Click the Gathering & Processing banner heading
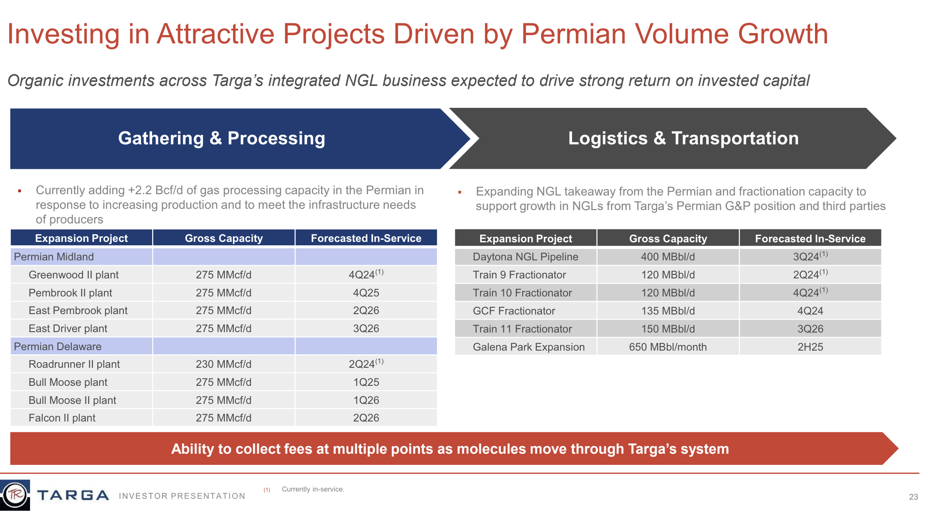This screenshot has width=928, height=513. tap(221, 138)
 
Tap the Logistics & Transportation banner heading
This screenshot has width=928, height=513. tap(683, 138)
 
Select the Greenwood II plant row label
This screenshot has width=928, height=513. tap(74, 275)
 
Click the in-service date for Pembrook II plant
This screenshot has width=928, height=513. tap(366, 293)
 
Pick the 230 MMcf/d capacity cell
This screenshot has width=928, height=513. tap(224, 364)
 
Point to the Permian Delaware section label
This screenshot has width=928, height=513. tap(58, 347)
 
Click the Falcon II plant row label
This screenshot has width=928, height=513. tap(62, 418)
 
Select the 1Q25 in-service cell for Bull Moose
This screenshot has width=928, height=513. tap(366, 382)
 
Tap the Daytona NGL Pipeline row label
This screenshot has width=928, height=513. tap(525, 257)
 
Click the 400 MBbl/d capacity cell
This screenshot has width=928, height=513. tap(668, 257)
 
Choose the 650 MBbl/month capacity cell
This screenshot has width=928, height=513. tap(668, 347)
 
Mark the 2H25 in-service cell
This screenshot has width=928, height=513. tap(810, 347)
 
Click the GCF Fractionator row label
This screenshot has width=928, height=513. tap(514, 311)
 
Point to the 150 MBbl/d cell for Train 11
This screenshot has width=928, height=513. tap(668, 329)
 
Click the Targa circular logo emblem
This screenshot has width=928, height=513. tap(15, 495)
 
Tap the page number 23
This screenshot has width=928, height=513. tap(913, 497)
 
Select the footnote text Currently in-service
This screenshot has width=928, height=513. tap(313, 489)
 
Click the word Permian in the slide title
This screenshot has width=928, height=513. tap(573, 34)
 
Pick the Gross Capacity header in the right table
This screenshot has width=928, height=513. tap(668, 239)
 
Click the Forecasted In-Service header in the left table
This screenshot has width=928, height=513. tap(366, 238)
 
